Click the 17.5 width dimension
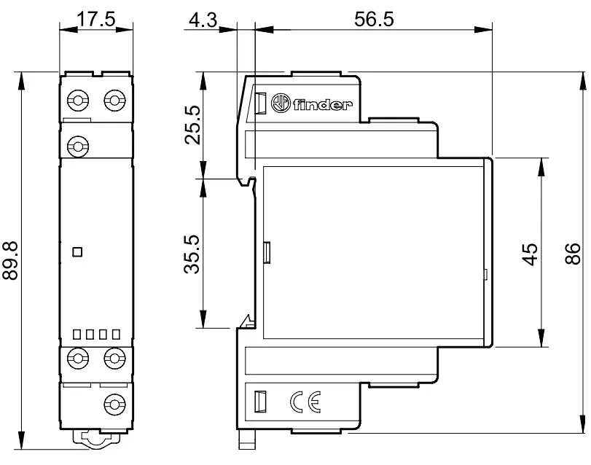click(x=96, y=19)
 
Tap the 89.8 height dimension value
click(x=10, y=261)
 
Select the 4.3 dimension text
click(x=203, y=20)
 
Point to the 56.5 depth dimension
click(x=374, y=19)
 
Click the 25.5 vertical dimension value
click(x=192, y=125)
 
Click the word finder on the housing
click(x=323, y=104)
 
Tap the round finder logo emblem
click(x=281, y=103)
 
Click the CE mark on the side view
click(x=305, y=402)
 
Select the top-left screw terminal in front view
click(x=78, y=101)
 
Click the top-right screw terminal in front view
click(x=114, y=101)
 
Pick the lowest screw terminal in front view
click(x=114, y=405)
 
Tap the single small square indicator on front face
click(x=77, y=251)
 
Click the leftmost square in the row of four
click(x=77, y=335)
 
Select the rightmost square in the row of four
click(x=116, y=335)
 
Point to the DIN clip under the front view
click(x=97, y=438)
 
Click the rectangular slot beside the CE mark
click(x=260, y=402)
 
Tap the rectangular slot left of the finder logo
click(x=260, y=103)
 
